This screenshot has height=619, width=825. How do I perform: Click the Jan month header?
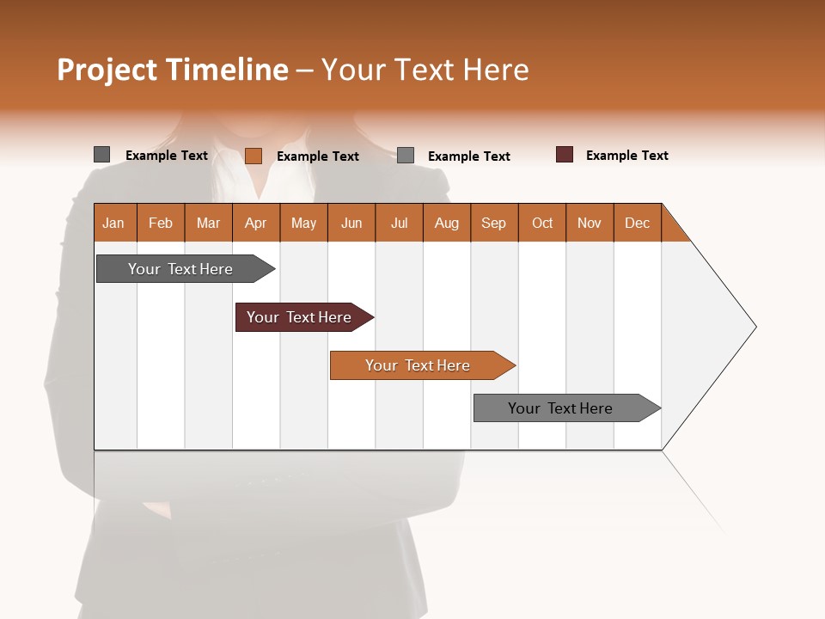point(114,223)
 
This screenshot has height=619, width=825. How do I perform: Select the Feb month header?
point(161,223)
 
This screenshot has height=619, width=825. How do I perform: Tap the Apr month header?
point(256,223)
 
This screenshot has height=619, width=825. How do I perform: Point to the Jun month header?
point(351,223)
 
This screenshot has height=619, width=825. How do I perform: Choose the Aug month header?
point(447,223)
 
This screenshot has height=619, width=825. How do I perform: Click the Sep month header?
point(494,223)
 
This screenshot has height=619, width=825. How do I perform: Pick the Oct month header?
point(542,223)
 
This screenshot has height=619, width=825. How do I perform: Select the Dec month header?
point(638,223)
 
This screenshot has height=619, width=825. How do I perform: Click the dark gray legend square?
point(102,155)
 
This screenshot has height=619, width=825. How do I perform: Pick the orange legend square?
point(254,156)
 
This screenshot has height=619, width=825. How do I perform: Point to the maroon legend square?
point(565,155)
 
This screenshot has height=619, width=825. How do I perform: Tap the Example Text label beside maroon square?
point(626,156)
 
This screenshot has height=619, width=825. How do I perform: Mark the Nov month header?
point(590,223)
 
